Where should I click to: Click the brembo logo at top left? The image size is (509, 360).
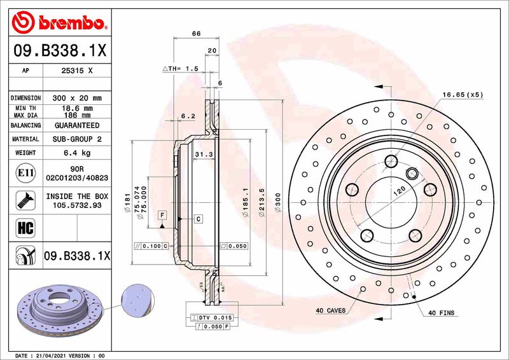[58, 23]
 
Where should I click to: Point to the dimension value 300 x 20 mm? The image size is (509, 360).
[76, 98]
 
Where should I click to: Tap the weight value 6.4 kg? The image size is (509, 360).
[76, 153]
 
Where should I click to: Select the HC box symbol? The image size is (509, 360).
[22, 226]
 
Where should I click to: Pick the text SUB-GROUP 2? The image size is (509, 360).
[76, 139]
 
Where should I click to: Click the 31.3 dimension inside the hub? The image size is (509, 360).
[202, 155]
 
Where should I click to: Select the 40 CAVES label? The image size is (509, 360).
[331, 311]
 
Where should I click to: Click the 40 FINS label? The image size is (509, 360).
[442, 313]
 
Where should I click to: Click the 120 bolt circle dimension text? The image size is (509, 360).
[398, 190]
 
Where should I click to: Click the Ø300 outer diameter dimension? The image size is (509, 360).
[278, 202]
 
